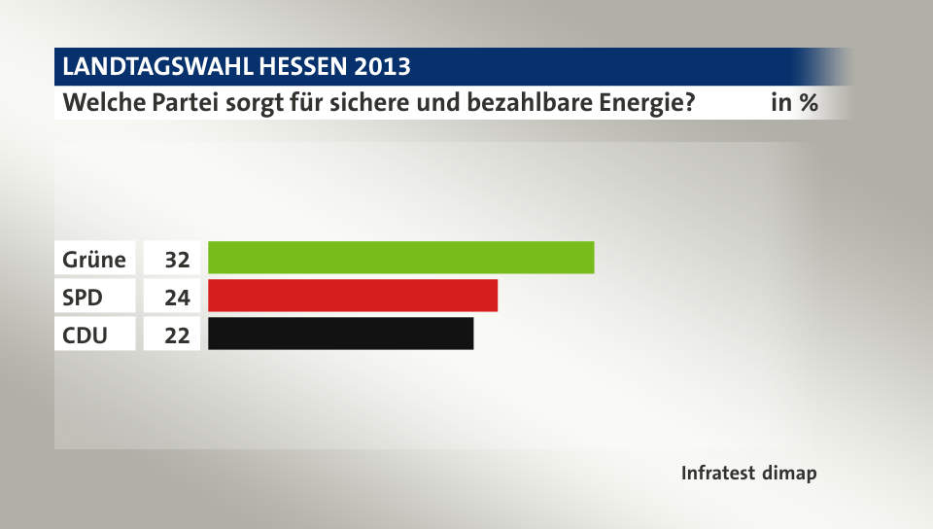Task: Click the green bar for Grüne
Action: click(x=400, y=258)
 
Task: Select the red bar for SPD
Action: click(x=353, y=296)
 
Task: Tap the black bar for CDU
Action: click(x=340, y=334)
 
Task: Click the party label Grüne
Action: click(x=94, y=260)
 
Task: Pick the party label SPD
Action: click(x=84, y=298)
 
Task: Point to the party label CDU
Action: click(x=86, y=335)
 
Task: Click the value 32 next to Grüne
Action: click(x=176, y=260)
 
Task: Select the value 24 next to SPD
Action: click(x=176, y=298)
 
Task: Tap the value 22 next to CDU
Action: click(x=176, y=335)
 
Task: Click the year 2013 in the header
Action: click(x=383, y=67)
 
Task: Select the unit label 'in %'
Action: click(x=794, y=102)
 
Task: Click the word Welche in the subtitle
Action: click(x=102, y=102)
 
